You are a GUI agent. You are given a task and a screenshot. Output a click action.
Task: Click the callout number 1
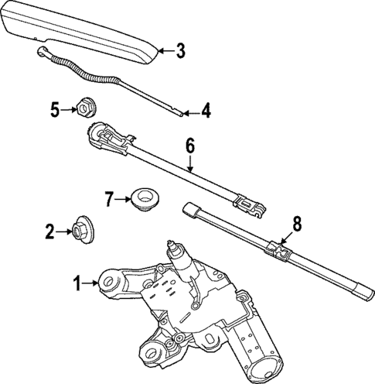[x=77, y=284]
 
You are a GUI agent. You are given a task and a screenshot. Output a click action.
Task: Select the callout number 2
[x=49, y=230]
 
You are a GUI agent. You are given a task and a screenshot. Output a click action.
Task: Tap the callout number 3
[x=179, y=52]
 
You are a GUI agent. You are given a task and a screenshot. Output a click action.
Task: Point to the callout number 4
[x=206, y=111]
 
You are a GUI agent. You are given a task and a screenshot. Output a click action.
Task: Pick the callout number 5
[x=54, y=109]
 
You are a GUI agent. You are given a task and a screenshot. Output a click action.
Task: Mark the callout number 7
[x=109, y=199]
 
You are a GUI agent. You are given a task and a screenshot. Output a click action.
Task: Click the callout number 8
[x=295, y=225]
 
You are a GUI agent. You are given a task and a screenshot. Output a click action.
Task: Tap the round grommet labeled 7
[x=141, y=198]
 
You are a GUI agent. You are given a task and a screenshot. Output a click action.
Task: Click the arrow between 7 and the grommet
[x=123, y=199]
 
